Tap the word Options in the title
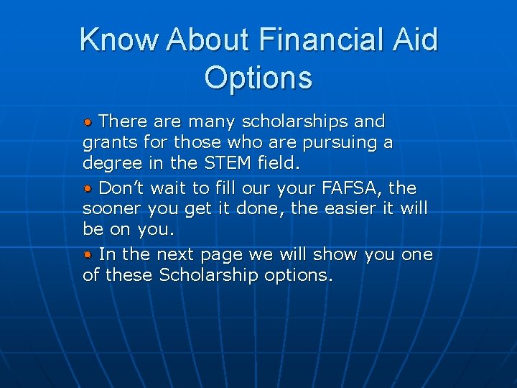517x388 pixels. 258,77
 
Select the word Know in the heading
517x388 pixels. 119,40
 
